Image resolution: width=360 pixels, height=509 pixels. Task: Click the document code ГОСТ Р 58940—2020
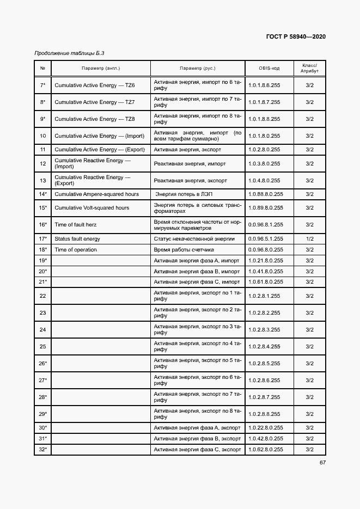pos(296,36)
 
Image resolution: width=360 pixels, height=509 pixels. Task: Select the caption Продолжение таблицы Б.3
pos(69,53)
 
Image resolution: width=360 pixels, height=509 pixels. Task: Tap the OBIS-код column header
pos(269,68)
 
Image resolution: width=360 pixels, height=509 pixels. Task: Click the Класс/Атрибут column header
pos(309,68)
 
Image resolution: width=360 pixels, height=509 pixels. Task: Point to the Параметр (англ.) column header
pos(101,68)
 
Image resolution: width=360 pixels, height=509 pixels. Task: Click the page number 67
pos(322,462)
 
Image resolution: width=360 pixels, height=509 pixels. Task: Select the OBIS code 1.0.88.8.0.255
pos(265,194)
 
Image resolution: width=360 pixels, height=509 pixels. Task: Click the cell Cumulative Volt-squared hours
pos(92,208)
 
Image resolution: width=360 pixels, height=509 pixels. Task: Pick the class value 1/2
pos(309,239)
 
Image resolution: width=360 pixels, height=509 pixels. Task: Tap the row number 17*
pos(42,239)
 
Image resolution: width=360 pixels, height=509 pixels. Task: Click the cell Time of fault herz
pos(74,225)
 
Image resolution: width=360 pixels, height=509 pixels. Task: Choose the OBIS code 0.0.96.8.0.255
pos(265,250)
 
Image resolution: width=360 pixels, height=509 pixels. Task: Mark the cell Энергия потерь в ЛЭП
pos(184,194)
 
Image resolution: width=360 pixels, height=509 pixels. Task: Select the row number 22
pos(42,296)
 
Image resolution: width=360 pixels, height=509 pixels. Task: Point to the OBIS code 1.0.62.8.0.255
pos(265,450)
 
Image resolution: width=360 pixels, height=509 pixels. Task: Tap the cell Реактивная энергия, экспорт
pos(190,181)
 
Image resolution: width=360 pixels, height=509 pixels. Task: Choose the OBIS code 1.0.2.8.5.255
pos(264,364)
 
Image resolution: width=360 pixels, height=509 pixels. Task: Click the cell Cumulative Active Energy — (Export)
pos(100,150)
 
